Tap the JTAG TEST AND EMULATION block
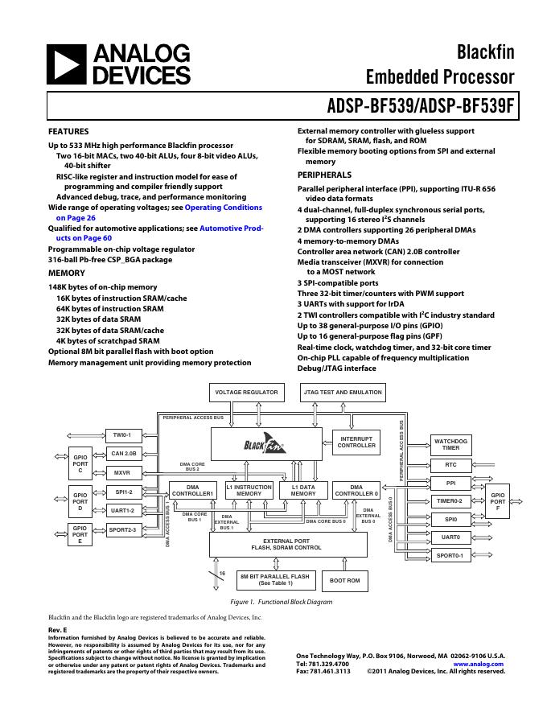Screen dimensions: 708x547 [x=342, y=393]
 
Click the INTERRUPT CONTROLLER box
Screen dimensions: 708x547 [x=356, y=442]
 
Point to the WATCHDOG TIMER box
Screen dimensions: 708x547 [x=450, y=444]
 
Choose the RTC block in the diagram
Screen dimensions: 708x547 [x=450, y=465]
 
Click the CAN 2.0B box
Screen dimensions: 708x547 [x=124, y=454]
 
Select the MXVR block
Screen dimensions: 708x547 [x=122, y=473]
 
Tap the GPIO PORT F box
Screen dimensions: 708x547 [x=499, y=501]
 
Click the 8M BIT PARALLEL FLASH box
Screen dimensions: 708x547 [x=275, y=579]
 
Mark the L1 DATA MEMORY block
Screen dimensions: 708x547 [x=298, y=490]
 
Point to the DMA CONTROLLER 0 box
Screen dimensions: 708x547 [x=356, y=490]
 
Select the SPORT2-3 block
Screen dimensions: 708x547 [x=124, y=529]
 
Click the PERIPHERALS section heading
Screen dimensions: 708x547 [x=324, y=175]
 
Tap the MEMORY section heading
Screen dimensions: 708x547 [x=67, y=274]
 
